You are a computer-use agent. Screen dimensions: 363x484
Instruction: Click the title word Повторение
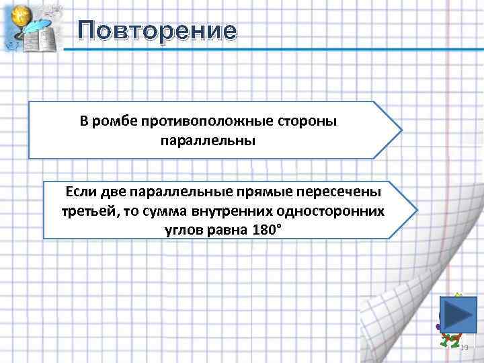157,30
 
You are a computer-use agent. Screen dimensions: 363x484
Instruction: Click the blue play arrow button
459,314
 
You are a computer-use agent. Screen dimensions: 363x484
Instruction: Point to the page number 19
463,348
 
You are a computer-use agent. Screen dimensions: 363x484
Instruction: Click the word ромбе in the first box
115,121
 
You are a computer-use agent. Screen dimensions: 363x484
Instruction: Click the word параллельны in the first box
208,141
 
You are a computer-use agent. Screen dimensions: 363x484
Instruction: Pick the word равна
226,229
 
